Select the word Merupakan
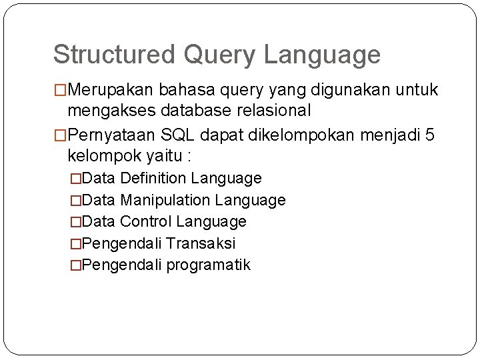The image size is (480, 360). [x=109, y=90]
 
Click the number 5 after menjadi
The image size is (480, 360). [x=430, y=136]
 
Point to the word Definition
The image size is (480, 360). [x=155, y=179]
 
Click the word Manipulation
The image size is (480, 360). [x=163, y=200]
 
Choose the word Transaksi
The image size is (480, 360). [x=201, y=243]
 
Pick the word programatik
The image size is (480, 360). [x=209, y=265]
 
